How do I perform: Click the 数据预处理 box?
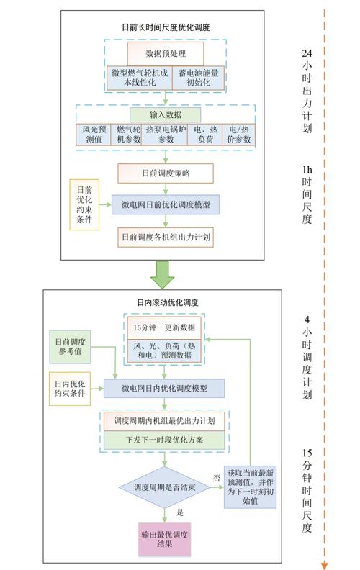coord(165,54)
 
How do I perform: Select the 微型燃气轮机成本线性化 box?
coord(140,78)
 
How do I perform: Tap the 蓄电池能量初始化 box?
coord(198,78)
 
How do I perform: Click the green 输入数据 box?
coord(165,115)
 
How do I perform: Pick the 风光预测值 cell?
coord(94,135)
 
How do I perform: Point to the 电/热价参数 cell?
coord(238,135)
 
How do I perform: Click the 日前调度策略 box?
coord(166,173)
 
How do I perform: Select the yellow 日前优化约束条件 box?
coord(84,204)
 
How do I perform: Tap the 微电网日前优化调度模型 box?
coord(166,204)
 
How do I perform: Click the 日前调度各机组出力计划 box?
coord(166,237)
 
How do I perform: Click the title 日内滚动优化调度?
coord(168,302)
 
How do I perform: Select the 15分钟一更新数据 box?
coord(164,327)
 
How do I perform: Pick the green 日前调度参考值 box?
coord(70,347)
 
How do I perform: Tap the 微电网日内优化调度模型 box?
coord(164,388)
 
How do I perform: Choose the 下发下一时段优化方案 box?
coord(164,440)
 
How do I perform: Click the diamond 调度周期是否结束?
coord(164,487)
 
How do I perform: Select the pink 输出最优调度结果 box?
coord(164,540)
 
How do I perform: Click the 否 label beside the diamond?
coord(217,479)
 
